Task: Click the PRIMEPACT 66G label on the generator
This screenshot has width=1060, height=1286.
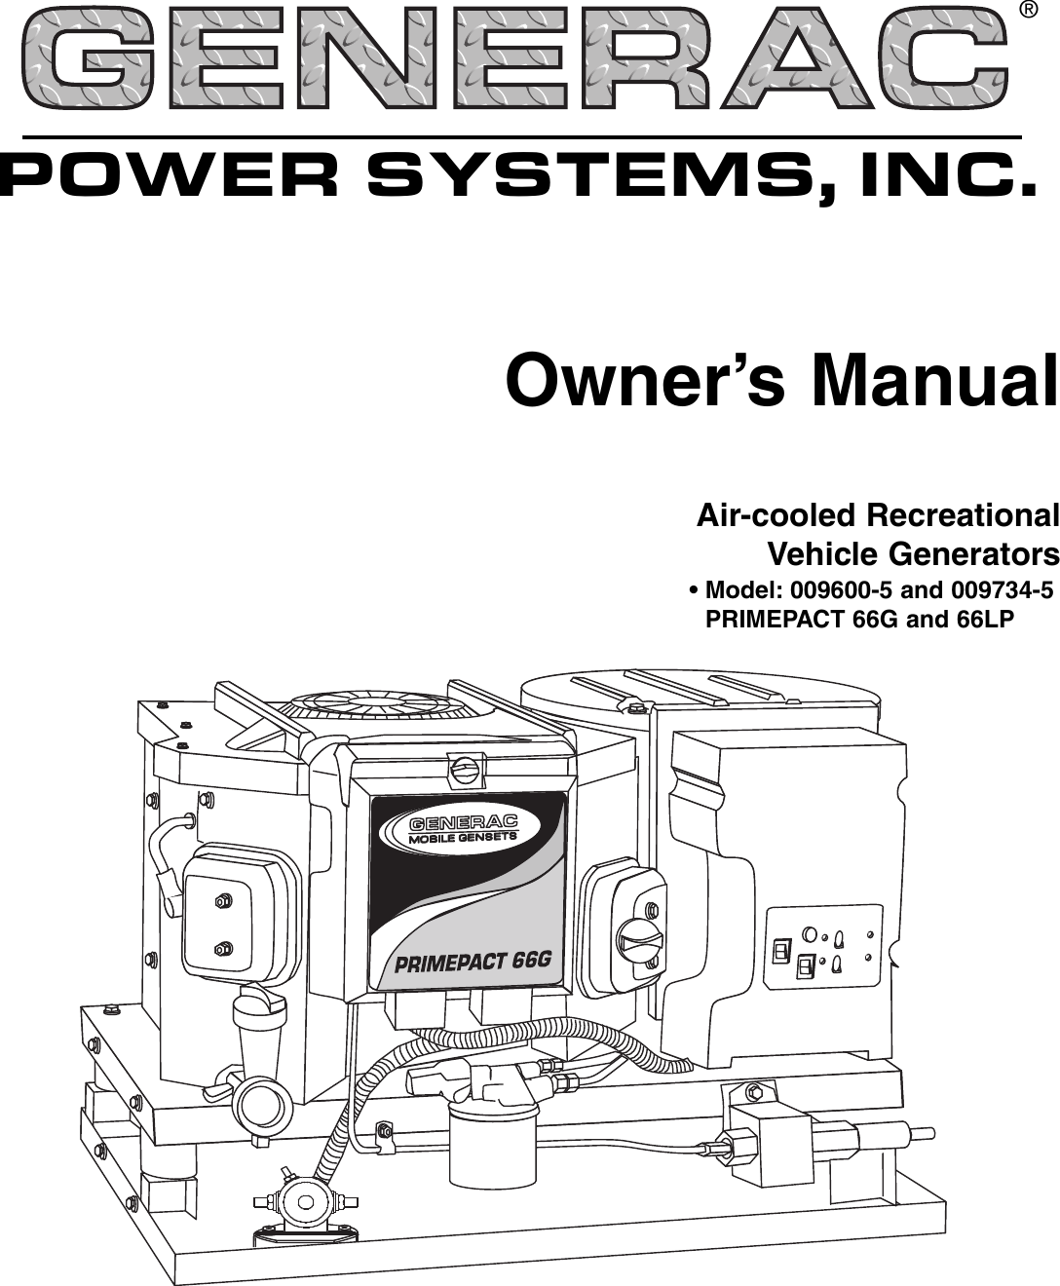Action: pos(473,962)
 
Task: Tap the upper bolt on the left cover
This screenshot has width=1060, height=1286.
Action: pos(222,901)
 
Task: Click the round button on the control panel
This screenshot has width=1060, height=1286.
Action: pos(808,934)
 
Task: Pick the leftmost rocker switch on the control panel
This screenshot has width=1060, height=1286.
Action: pos(780,951)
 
